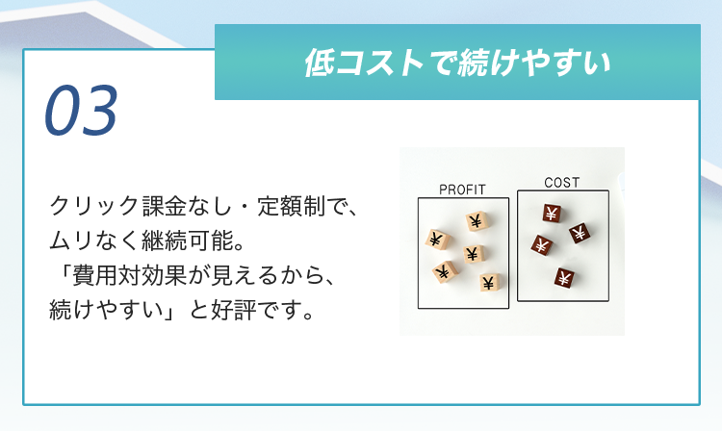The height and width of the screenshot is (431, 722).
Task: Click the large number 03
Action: click(81, 111)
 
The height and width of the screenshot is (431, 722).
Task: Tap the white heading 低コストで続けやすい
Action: click(457, 63)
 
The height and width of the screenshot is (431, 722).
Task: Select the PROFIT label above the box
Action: click(462, 190)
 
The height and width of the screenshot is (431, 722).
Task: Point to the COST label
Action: click(562, 183)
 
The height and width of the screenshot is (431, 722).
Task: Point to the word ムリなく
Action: click(95, 241)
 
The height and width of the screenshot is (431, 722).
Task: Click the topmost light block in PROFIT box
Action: click(477, 221)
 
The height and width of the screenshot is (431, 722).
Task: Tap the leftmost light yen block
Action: click(436, 240)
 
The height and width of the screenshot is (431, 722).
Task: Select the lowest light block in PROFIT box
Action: click(489, 283)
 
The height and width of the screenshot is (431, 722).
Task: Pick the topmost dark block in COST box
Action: click(552, 214)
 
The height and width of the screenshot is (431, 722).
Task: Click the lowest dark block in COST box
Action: click(563, 278)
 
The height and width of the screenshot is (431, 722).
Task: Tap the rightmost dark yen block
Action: click(580, 233)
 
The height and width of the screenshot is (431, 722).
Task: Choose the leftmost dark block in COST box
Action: click(541, 245)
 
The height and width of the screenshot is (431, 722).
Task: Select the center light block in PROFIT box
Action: click(473, 253)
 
